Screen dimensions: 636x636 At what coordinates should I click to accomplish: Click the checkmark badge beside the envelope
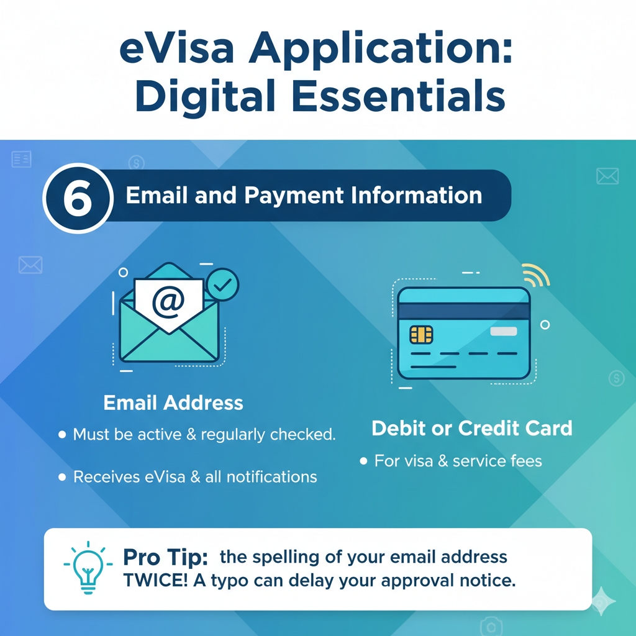tap(222, 284)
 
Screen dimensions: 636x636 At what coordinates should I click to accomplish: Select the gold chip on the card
tap(421, 335)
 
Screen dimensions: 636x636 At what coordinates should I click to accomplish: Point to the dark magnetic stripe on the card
tap(463, 311)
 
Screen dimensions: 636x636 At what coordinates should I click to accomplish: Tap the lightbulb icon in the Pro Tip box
tap(88, 568)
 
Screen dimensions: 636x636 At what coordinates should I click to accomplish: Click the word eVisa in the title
tap(177, 48)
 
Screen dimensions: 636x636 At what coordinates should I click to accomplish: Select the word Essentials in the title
tap(399, 96)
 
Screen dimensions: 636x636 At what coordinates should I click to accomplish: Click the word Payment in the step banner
tap(294, 196)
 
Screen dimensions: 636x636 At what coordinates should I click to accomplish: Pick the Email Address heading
tap(173, 402)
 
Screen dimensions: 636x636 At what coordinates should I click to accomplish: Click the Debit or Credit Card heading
tap(472, 429)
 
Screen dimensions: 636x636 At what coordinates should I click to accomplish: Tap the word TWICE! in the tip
tap(155, 581)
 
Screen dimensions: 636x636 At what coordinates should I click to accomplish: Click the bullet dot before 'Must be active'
tap(62, 435)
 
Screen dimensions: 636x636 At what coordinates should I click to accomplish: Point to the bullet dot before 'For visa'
tap(363, 461)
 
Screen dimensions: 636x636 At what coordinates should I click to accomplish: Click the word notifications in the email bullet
tap(271, 477)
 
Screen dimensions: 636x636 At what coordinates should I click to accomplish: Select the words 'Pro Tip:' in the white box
tap(165, 557)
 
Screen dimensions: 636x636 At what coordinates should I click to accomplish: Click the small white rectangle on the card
tap(503, 332)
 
